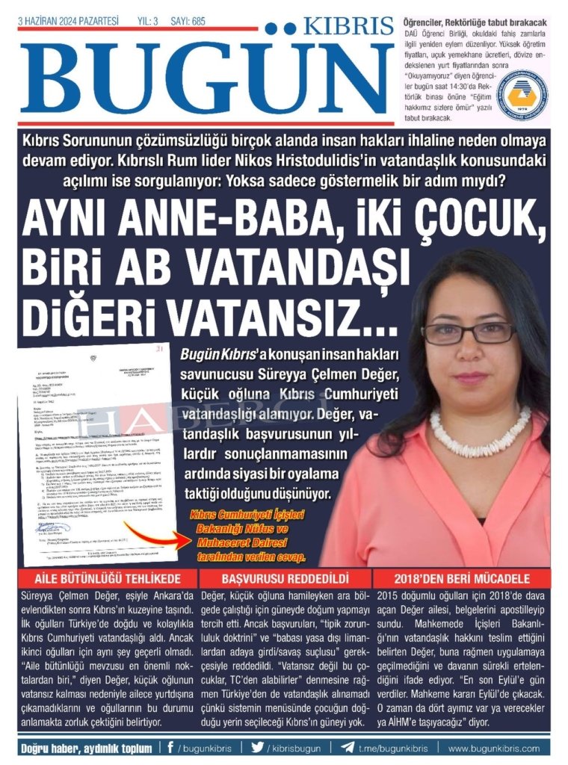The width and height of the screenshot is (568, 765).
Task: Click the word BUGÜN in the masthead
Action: click(x=202, y=78)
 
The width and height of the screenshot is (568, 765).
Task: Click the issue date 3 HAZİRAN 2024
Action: click(x=68, y=22)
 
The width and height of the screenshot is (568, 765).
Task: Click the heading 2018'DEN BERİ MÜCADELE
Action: click(x=463, y=579)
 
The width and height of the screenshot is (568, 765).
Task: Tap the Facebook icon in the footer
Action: click(x=171, y=747)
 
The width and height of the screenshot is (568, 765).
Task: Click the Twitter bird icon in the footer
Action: click(x=258, y=747)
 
